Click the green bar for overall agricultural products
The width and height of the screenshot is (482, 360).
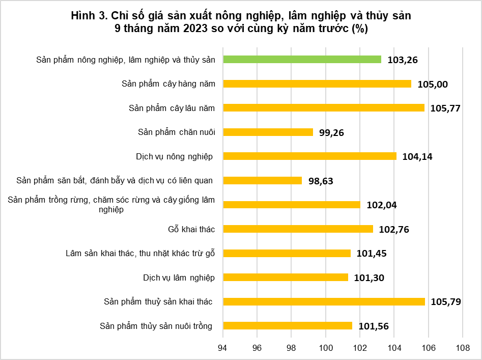302,60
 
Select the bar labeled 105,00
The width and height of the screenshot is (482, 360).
317,84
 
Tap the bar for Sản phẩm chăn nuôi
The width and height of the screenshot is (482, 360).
268,132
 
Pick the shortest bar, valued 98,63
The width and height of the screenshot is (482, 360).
263,180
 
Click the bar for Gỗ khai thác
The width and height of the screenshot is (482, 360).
298,229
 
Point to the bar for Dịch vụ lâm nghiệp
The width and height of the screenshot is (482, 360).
286,278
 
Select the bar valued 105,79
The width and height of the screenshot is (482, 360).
324,301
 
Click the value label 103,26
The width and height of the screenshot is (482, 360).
403,60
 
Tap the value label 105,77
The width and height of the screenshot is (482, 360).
445,108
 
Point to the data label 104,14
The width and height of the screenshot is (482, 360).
417,157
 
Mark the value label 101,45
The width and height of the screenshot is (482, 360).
372,253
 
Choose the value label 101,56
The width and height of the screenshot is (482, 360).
374,326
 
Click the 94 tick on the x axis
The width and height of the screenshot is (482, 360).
222,348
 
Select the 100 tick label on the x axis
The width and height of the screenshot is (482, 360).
326,348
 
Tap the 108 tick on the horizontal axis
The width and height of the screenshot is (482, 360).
463,348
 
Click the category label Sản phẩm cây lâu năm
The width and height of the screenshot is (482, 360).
172,108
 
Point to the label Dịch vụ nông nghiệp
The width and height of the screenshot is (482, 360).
174,156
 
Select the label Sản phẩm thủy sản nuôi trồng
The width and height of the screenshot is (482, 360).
156,326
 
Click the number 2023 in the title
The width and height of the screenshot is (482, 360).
196,29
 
